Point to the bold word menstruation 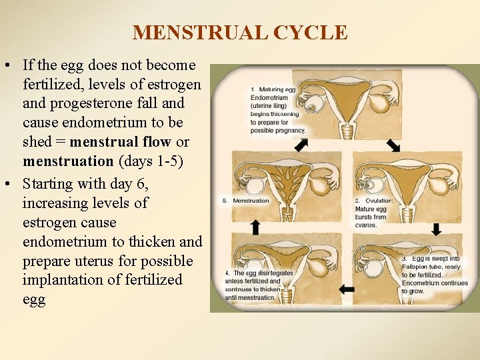tap(68, 161)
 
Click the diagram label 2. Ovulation tap(374, 201)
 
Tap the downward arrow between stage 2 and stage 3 tap(437, 229)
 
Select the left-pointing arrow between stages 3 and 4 tap(347, 289)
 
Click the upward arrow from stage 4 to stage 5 tap(255, 226)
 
